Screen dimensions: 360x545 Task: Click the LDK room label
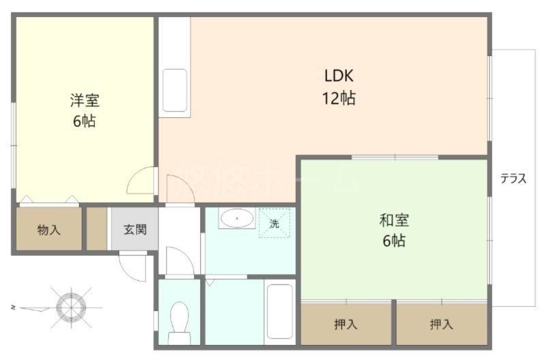click(339, 76)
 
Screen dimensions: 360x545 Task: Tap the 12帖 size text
click(339, 98)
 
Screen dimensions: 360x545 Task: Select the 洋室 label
click(84, 101)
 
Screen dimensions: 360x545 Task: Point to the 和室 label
click(394, 220)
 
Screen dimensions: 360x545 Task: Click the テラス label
click(513, 179)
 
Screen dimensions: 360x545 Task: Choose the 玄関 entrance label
click(134, 229)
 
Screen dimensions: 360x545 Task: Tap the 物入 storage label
click(49, 230)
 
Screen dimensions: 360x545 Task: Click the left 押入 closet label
click(345, 325)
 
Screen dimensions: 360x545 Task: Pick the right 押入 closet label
click(441, 325)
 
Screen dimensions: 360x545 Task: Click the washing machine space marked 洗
click(274, 224)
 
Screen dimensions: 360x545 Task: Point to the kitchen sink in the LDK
click(174, 91)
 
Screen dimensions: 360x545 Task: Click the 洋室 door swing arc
click(141, 180)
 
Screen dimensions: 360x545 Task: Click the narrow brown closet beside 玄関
click(96, 229)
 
